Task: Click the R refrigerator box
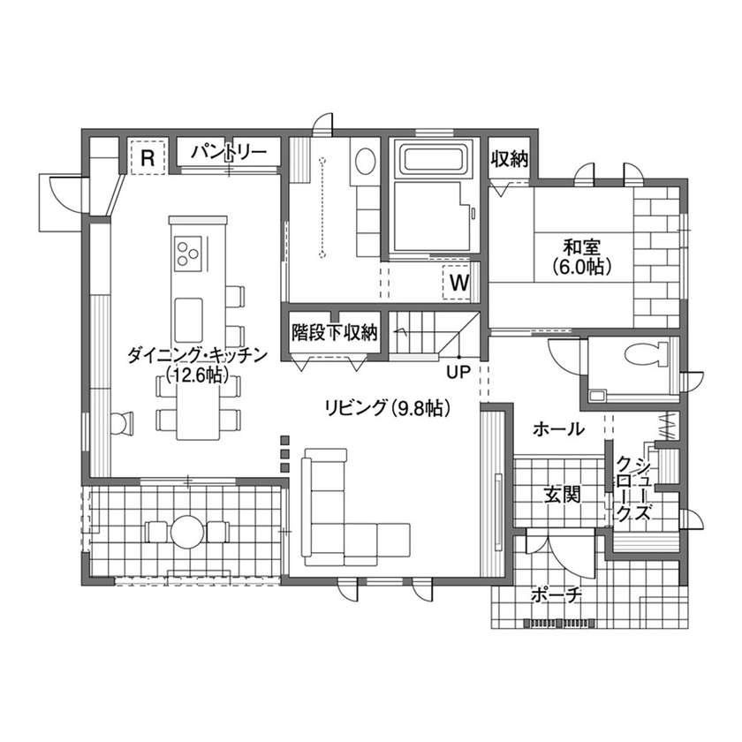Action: pyautogui.click(x=148, y=159)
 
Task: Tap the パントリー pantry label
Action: pyautogui.click(x=229, y=152)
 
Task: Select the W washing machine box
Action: pyautogui.click(x=459, y=283)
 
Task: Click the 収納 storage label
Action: pyautogui.click(x=510, y=159)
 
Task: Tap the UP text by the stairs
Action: pyautogui.click(x=458, y=372)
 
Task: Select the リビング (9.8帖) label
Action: pyautogui.click(x=388, y=407)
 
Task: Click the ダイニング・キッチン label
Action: pyautogui.click(x=196, y=355)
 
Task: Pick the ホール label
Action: pyautogui.click(x=558, y=429)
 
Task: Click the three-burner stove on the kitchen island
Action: pyautogui.click(x=188, y=252)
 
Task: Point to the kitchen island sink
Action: pyautogui.click(x=188, y=314)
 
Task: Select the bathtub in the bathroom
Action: pyautogui.click(x=433, y=161)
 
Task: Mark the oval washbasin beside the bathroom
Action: pyautogui.click(x=364, y=162)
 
